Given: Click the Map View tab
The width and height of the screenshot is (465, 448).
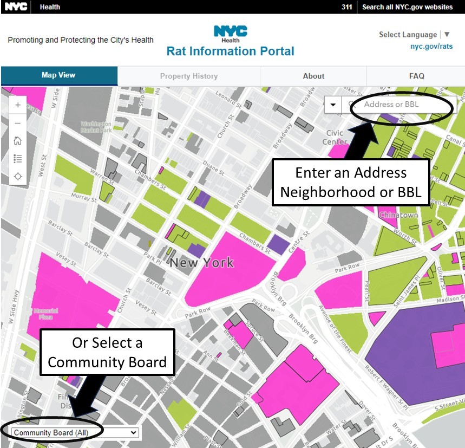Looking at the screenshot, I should point(58,75).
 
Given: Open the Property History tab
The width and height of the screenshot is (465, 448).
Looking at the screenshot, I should point(188,76).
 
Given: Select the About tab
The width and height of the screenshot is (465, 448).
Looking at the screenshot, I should point(313,76).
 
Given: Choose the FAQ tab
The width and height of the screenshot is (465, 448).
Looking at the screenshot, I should point(416,76).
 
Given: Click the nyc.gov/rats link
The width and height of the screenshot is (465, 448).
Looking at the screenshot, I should point(431,47).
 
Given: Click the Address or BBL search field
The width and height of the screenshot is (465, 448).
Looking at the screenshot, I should point(401,105).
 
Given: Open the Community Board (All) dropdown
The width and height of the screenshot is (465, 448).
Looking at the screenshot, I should point(75,432).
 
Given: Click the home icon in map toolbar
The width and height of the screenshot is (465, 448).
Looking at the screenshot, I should point(18,141).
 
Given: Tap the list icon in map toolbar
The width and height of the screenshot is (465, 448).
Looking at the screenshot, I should point(18,159).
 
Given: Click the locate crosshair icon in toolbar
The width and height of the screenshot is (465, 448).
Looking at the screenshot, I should point(18,177).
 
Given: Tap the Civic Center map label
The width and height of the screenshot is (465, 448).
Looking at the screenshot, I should point(336,138).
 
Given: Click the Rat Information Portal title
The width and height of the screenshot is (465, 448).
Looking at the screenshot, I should point(230,51).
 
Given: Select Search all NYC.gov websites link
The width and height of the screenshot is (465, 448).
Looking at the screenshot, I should point(407,7).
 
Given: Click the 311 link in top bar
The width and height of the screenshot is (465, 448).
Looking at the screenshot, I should point(347,7).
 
